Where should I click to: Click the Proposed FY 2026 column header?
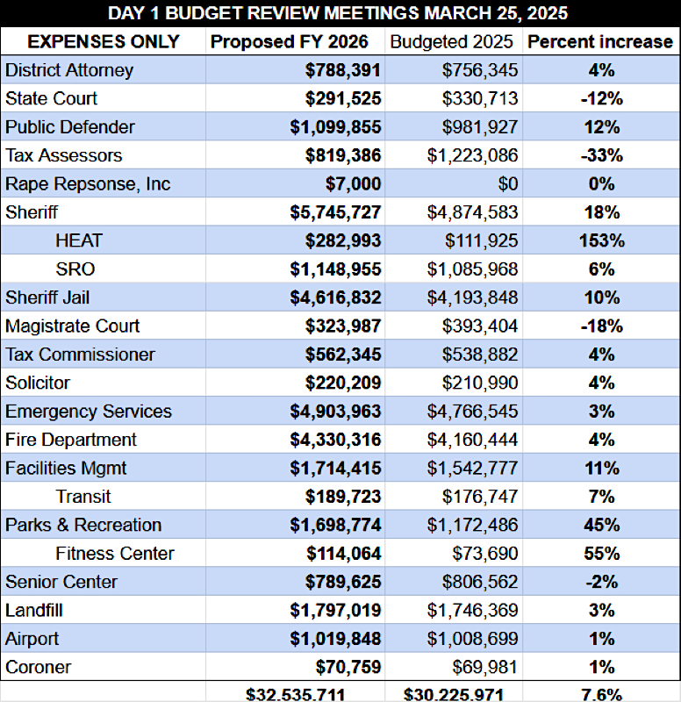tap(296, 41)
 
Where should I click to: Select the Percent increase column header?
tap(600, 41)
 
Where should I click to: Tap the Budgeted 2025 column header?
tap(454, 41)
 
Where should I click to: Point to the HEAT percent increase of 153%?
tap(601, 240)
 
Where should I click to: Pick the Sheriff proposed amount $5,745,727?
tap(335, 212)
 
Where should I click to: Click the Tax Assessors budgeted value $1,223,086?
tap(472, 155)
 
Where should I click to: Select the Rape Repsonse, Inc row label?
tap(88, 184)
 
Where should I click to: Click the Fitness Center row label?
tap(114, 553)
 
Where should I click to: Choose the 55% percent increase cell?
tap(601, 553)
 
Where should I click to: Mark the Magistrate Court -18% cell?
tap(601, 326)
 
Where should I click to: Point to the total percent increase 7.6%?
tap(601, 694)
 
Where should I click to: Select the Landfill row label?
tap(33, 610)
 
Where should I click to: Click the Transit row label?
tap(83, 497)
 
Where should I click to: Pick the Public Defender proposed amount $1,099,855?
tap(335, 127)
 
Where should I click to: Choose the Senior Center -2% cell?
tap(601, 582)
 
